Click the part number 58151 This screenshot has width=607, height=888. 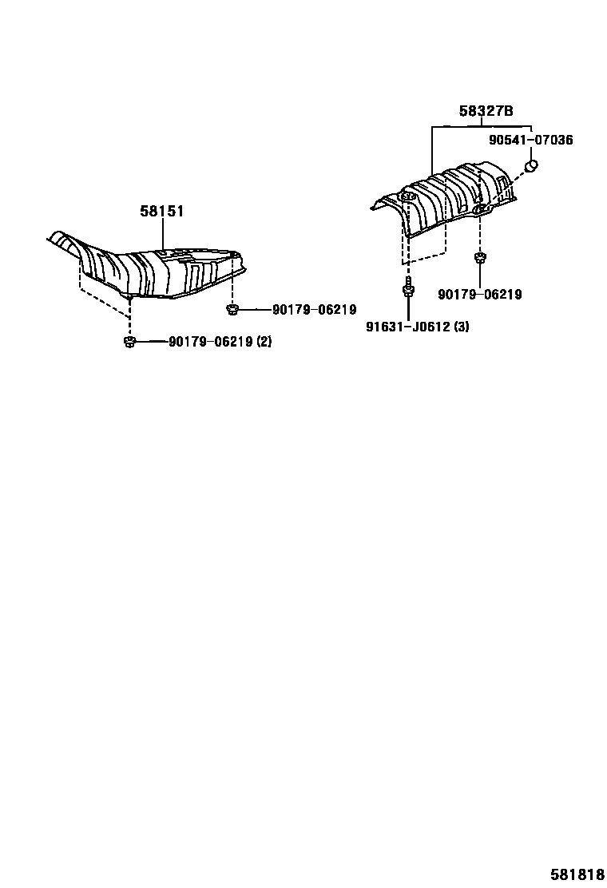162,212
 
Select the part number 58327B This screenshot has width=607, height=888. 486,112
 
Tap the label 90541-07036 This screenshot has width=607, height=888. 530,140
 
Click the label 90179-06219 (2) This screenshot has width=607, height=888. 220,342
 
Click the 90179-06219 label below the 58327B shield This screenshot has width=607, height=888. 479,295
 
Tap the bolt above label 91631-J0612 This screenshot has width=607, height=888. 408,290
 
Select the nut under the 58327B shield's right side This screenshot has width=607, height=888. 480,257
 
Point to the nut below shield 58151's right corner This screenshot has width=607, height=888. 232,309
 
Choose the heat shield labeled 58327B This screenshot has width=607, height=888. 447,200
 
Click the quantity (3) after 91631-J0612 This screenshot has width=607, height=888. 461,326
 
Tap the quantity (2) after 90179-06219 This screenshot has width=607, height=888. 264,342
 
